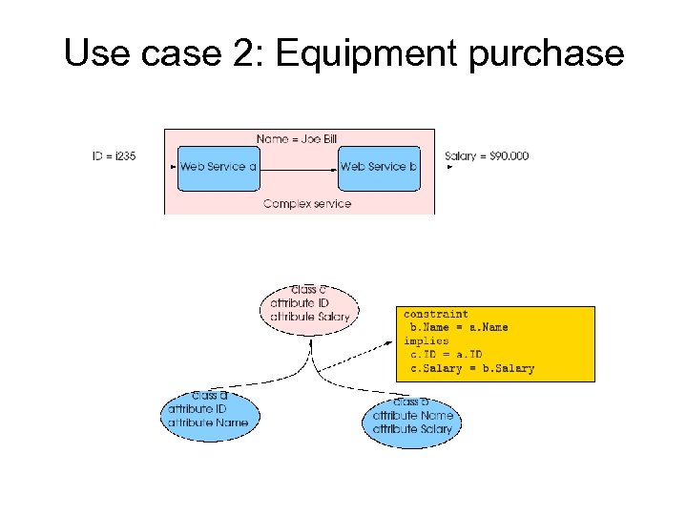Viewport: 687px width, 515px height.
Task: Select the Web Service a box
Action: coord(219,168)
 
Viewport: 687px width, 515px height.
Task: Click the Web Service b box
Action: coord(379,168)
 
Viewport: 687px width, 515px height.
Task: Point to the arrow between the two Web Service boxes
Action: coord(299,167)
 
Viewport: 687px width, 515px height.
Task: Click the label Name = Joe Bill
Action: coord(297,139)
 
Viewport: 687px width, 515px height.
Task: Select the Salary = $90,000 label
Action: coord(487,156)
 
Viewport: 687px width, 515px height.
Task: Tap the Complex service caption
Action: coord(306,203)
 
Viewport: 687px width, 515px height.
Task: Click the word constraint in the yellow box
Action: coord(436,314)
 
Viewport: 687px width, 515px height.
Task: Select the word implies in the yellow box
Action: coord(426,340)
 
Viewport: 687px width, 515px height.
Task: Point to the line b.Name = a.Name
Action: coord(459,327)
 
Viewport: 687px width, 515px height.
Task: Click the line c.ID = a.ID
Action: coord(446,354)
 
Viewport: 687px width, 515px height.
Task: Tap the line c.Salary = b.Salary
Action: coord(472,368)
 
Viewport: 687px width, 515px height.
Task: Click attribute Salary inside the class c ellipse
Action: coord(310,316)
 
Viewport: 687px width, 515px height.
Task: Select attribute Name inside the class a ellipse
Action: coord(207,422)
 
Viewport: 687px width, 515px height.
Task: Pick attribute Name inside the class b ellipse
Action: coord(412,417)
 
